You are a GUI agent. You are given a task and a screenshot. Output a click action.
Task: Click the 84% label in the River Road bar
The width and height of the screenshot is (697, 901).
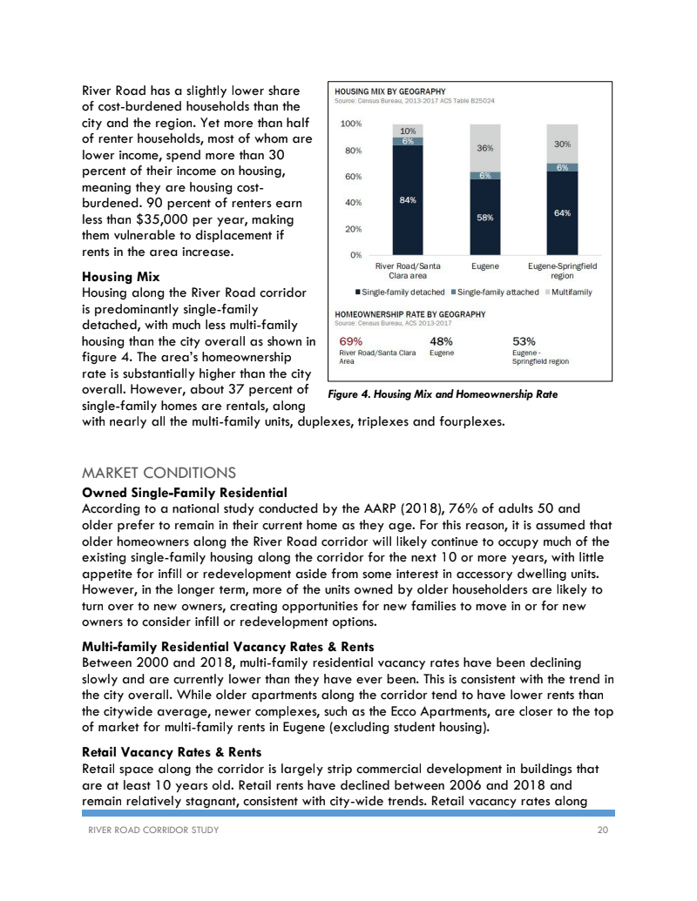(407, 200)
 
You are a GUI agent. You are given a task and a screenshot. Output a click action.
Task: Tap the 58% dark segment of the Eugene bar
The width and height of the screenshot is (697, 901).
(484, 218)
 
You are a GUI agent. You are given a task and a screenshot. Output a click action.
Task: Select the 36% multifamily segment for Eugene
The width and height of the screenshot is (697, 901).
(484, 149)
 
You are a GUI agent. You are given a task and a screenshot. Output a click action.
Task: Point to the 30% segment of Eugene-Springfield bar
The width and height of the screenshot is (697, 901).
(562, 145)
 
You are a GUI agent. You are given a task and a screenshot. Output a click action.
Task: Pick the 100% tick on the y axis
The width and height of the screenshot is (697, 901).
(352, 124)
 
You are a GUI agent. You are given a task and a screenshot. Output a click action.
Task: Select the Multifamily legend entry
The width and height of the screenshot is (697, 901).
(568, 292)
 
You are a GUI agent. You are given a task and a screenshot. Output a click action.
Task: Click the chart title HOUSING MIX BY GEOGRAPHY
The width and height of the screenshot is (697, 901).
(391, 91)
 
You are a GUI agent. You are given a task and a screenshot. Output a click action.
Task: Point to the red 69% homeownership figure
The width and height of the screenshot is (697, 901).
(351, 341)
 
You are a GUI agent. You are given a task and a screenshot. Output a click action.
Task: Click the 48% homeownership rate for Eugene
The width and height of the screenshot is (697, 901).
(442, 341)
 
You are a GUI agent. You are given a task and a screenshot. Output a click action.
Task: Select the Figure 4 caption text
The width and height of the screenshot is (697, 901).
(443, 394)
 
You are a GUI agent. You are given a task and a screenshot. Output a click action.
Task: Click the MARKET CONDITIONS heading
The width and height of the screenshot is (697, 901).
(158, 474)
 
